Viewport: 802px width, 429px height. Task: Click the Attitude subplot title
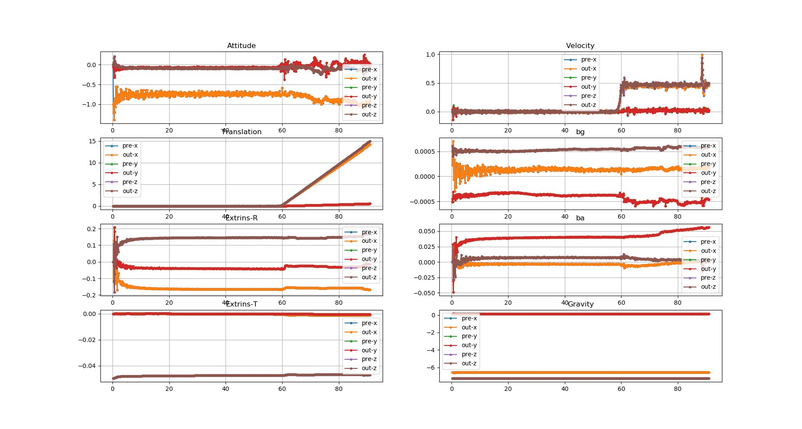(x=241, y=46)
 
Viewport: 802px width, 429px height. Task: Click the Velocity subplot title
(x=580, y=46)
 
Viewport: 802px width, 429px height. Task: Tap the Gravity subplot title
(x=580, y=304)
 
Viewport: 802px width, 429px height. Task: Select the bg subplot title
(x=580, y=132)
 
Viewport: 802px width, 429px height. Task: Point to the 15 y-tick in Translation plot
(x=92, y=141)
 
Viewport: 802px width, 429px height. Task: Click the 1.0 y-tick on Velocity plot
(x=430, y=55)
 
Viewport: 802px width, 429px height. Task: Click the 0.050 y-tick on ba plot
(x=426, y=231)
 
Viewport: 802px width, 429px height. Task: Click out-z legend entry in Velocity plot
(x=588, y=105)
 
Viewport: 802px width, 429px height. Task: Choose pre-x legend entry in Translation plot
(x=130, y=146)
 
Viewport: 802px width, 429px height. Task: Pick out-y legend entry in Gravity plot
(x=469, y=345)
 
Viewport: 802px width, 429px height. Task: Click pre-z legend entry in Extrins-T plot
(x=369, y=359)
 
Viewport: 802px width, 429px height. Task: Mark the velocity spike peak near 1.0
(x=702, y=55)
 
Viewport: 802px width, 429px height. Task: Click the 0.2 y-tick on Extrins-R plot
(x=91, y=229)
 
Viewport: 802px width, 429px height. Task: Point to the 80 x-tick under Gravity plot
(x=677, y=389)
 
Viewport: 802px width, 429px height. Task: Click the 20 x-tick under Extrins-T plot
(x=169, y=389)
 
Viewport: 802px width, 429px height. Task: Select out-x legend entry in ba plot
(x=708, y=251)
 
